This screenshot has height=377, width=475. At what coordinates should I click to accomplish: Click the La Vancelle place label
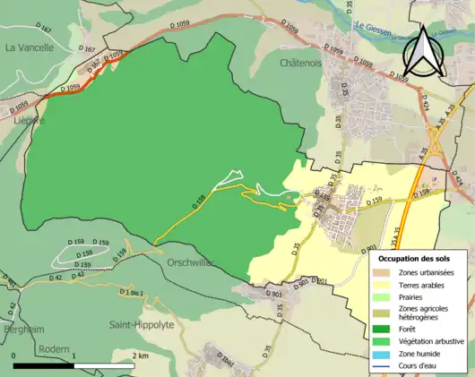tap(30, 47)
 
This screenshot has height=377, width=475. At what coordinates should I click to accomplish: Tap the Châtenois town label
tap(300, 64)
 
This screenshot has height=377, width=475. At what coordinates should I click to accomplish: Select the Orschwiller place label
tap(190, 263)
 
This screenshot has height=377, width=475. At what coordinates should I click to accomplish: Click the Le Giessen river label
tap(376, 27)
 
